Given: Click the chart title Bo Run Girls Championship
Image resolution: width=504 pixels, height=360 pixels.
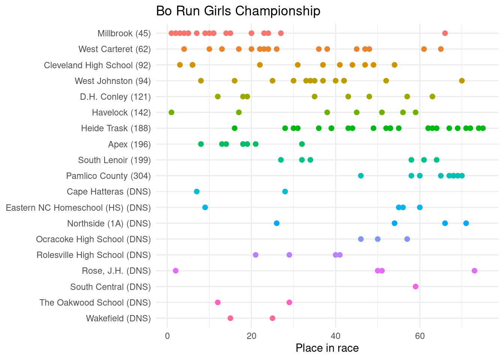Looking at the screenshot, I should click(238, 11).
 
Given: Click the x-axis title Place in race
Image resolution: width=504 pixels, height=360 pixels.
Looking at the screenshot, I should click(327, 348).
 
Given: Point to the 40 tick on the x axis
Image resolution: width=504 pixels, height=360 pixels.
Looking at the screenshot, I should click(336, 336).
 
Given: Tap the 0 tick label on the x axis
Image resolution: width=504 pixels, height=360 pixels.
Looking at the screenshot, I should click(167, 336).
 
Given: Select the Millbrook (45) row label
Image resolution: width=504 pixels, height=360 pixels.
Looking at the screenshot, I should click(124, 33).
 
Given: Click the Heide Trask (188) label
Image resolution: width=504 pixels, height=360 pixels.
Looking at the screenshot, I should click(115, 129).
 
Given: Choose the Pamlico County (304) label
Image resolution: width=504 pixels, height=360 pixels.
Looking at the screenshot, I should click(108, 176).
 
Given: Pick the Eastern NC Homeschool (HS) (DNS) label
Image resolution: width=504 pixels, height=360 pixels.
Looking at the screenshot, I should click(78, 208).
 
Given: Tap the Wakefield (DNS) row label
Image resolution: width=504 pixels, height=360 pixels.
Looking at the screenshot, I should click(118, 319).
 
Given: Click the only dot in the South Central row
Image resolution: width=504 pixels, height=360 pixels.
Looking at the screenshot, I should click(415, 287).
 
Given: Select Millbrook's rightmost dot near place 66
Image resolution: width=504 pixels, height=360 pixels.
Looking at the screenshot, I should click(445, 33).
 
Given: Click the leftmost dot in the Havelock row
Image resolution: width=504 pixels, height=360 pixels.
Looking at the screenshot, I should click(171, 112).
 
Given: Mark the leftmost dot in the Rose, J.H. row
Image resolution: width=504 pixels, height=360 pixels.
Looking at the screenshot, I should click(175, 271).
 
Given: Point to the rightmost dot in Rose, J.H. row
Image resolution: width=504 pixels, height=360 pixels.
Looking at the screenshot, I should click(474, 271).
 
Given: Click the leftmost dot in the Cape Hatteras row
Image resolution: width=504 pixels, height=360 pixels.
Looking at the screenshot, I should click(196, 192).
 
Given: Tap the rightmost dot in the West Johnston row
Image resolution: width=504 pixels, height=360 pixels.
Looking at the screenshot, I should click(462, 81).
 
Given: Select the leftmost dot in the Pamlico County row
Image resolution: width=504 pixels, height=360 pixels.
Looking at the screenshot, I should click(361, 176).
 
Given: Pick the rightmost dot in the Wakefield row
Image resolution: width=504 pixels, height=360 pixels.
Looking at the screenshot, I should click(272, 318).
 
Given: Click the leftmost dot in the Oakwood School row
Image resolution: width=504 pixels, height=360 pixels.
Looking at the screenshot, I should click(217, 303).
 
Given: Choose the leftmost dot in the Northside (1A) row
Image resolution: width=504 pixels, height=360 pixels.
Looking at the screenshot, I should click(277, 223).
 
